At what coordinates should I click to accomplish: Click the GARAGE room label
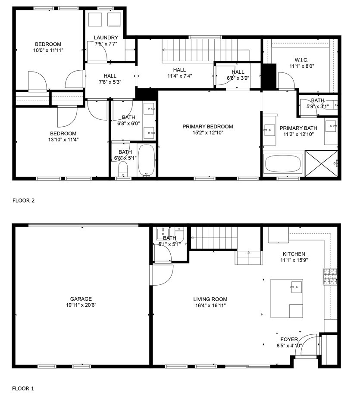81,299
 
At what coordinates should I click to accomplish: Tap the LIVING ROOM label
210,299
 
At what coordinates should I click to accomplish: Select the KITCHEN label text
294,254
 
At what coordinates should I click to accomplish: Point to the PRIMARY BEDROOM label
208,127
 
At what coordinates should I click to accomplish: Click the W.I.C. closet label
302,60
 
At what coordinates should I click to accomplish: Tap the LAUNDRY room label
106,38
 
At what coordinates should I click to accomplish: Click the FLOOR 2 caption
24,200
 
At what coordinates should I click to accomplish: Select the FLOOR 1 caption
23,389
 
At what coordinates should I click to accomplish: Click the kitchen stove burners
330,277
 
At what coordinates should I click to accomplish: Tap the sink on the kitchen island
297,287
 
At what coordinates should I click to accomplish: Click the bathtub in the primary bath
283,163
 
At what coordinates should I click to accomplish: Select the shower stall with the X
321,164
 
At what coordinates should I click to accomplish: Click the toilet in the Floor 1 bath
179,234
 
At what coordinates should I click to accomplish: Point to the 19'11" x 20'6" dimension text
81,305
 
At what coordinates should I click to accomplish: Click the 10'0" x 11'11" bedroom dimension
48,50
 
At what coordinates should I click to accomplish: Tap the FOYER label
289,340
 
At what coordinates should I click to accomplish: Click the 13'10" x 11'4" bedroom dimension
63,140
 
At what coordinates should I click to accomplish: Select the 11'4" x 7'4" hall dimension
180,76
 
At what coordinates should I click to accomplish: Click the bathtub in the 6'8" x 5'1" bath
147,160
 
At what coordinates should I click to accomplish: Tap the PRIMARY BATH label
298,128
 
